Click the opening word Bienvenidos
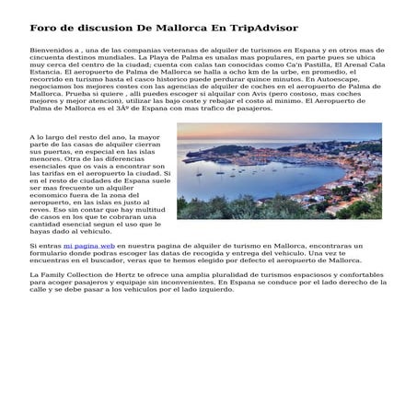(x=52, y=51)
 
